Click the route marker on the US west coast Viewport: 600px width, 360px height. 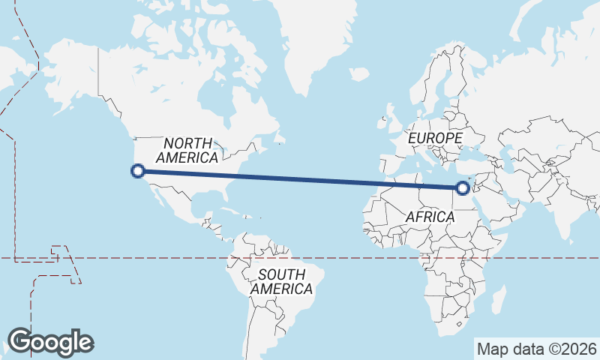137,171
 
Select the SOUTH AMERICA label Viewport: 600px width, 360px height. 282,281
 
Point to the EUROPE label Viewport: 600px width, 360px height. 435,139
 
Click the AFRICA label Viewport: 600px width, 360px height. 430,217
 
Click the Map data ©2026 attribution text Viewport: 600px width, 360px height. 536,349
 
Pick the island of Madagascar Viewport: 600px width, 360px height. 498,304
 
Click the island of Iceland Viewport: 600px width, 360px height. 359,74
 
